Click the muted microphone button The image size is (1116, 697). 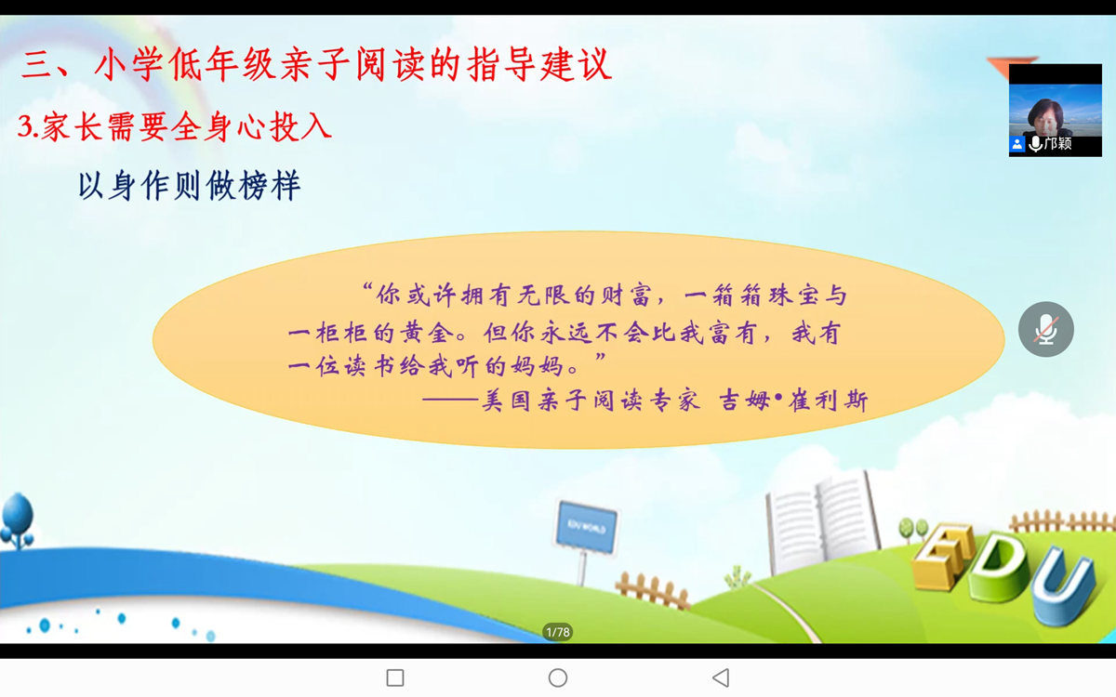pyautogui.click(x=1045, y=329)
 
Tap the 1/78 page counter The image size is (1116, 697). pyautogui.click(x=557, y=632)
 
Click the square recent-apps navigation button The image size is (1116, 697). pyautogui.click(x=395, y=677)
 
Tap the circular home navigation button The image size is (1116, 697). pyautogui.click(x=557, y=677)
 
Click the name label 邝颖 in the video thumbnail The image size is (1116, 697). pyautogui.click(x=1057, y=143)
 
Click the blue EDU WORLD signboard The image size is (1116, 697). pyautogui.click(x=587, y=527)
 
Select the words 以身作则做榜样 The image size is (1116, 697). pyautogui.click(x=190, y=185)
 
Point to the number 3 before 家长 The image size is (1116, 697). pyautogui.click(x=25, y=126)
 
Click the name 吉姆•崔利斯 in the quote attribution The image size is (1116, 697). pyautogui.click(x=793, y=401)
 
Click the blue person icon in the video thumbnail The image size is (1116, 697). pyautogui.click(x=1016, y=144)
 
